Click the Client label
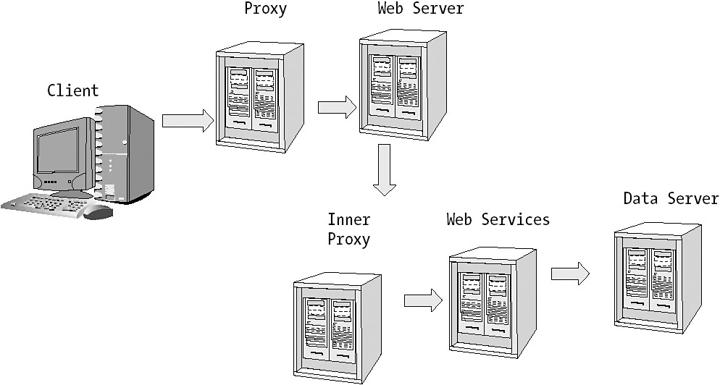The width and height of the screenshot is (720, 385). tap(72, 90)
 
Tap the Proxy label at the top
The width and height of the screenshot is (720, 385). tap(265, 9)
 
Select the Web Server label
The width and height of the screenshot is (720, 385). tap(420, 9)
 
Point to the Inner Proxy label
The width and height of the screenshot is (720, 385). tap(348, 229)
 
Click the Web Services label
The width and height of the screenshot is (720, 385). tap(498, 219)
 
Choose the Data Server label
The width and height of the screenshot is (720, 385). tap(671, 198)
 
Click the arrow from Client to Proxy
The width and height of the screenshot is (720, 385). tap(188, 119)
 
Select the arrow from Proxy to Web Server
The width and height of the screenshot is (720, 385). tap(337, 107)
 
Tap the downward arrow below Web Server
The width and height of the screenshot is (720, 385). tap(385, 169)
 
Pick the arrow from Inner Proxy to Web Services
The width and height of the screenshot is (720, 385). tap(423, 300)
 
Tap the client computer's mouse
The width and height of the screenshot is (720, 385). tap(98, 212)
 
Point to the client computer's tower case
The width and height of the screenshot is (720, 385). tap(125, 152)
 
